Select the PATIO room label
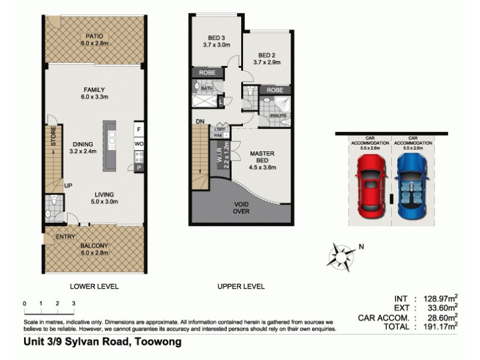[94, 36]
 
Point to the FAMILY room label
[94, 89]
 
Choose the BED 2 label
[266, 53]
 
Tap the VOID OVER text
[241, 208]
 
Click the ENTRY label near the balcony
[65, 238]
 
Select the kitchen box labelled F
[139, 130]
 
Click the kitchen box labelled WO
[139, 145]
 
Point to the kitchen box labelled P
[139, 169]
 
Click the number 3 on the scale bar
[73, 304]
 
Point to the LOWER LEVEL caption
[94, 286]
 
